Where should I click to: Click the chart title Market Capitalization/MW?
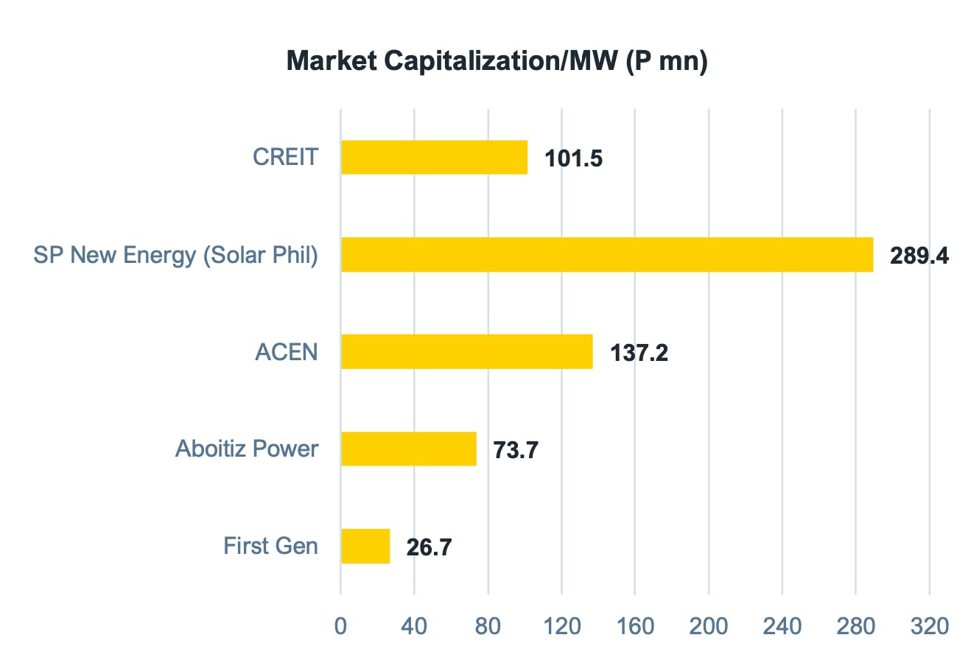(x=497, y=61)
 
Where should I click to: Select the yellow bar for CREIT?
(x=434, y=157)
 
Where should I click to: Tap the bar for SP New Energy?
(x=606, y=254)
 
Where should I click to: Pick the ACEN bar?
(x=466, y=351)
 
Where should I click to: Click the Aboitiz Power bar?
(x=408, y=449)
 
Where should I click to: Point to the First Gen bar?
(x=365, y=546)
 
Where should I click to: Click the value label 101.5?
(x=573, y=158)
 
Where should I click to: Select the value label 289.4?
(x=919, y=256)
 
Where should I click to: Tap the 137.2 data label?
(x=639, y=353)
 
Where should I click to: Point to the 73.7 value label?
(x=516, y=450)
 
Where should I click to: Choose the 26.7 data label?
(x=429, y=547)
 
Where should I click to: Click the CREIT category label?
(x=286, y=157)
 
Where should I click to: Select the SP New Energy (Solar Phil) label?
(x=176, y=255)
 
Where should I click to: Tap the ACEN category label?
(x=287, y=351)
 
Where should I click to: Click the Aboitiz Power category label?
(x=247, y=449)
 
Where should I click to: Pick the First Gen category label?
(x=271, y=546)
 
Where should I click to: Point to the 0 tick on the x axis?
(x=340, y=626)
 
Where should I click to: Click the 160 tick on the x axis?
(x=635, y=626)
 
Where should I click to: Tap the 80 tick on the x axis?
(x=488, y=626)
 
